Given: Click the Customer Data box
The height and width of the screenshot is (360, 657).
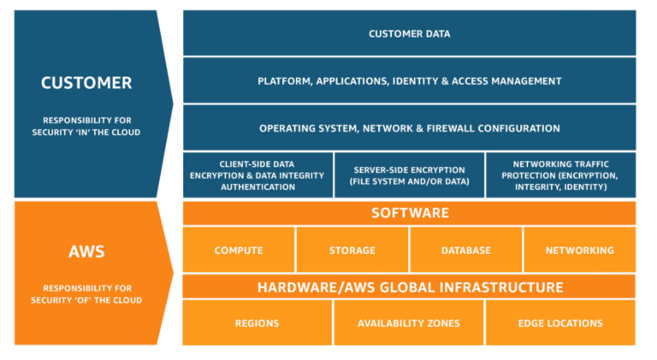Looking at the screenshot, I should click(409, 33).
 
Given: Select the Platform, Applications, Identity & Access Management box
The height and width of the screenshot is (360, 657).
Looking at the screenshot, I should click(409, 81).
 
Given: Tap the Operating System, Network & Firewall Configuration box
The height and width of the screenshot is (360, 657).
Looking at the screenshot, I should click(409, 128).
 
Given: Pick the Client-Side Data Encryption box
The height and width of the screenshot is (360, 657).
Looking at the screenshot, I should click(257, 174).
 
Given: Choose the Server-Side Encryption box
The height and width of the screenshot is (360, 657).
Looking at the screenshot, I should click(408, 174).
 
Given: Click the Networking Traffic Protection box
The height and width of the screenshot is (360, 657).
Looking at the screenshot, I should click(560, 174).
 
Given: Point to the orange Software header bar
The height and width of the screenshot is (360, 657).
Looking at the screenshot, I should click(409, 212).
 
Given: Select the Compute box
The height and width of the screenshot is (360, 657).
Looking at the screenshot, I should click(239, 251).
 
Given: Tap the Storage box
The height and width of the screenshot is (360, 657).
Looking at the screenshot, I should click(352, 251).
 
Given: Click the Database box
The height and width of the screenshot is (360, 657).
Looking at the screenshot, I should click(465, 251).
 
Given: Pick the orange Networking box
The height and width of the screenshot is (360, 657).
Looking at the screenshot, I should click(579, 251).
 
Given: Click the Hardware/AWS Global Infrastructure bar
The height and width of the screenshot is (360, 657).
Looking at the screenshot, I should click(409, 287).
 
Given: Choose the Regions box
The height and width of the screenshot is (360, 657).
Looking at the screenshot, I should click(257, 323).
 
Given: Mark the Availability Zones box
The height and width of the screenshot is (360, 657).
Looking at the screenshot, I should click(408, 323).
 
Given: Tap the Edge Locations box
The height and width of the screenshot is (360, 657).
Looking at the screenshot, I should click(560, 323).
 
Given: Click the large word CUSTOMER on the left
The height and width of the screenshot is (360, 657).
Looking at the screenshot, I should click(86, 83).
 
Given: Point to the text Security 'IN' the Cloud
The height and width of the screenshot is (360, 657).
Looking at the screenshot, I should click(86, 133).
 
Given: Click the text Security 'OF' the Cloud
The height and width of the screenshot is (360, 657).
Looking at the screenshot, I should click(86, 300).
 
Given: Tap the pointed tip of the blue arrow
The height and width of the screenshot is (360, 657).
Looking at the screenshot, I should click(172, 103).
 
